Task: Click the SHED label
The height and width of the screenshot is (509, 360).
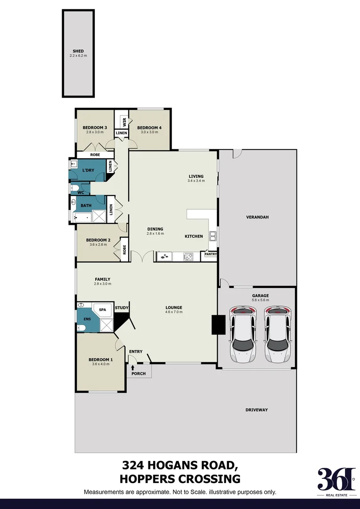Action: coord(78,51)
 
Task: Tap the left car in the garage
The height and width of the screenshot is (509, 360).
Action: coord(242,334)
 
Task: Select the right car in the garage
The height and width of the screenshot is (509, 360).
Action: coord(277,334)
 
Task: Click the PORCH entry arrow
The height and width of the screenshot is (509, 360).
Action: coord(133,367)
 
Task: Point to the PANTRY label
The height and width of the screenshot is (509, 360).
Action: coord(210,254)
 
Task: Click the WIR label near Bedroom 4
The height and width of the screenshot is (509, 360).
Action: coord(124,122)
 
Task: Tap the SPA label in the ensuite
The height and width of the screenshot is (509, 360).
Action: coord(103,309)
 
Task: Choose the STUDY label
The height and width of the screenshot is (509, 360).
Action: coord(122,308)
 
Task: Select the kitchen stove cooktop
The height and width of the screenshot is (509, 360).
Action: coord(188,257)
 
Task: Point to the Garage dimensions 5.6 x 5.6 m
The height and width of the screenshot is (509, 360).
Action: coord(260,300)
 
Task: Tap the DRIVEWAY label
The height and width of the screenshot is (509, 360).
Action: coord(256,410)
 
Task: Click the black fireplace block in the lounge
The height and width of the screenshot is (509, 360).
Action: coord(218,324)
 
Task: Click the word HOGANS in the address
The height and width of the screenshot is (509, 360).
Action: coord(172,466)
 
